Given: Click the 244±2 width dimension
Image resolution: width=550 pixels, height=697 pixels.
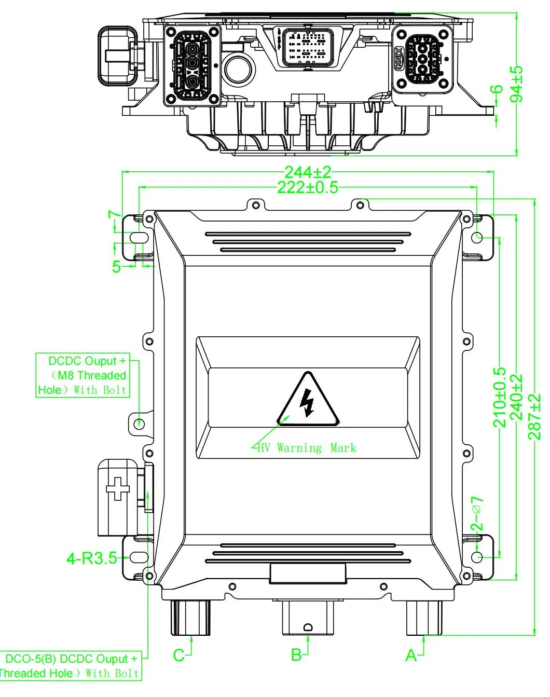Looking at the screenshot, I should coord(307,172).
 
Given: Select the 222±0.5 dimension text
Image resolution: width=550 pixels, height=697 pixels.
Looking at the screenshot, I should coord(307,187).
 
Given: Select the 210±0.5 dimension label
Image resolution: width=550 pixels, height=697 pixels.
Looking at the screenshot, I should coord(499,397).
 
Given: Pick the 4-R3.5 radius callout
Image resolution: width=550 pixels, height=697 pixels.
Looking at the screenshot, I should coord(91,559).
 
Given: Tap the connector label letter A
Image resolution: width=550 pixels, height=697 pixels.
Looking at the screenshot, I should coord(410,656).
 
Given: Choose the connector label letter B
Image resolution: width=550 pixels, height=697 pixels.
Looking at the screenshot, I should coord(296,655).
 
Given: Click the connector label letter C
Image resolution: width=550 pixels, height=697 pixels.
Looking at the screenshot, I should coord(178,655).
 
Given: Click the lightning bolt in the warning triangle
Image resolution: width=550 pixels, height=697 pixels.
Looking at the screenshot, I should coord(308,402).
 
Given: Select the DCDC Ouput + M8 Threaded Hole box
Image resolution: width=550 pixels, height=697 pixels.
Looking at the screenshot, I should coord(82,375).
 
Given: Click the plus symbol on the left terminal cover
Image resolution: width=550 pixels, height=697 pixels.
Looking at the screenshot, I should coord(117,488).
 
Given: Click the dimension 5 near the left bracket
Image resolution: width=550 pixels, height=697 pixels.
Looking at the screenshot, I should coord(117,267).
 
